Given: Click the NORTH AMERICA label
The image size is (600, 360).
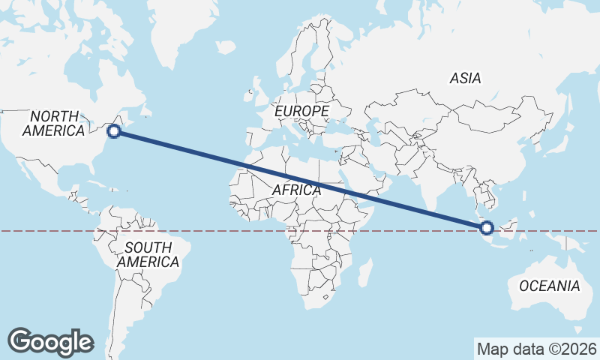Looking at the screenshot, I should pos(54,124).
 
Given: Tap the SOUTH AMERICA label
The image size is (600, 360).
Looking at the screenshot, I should pos(148,255).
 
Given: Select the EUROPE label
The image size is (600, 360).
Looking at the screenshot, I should pos(301,111).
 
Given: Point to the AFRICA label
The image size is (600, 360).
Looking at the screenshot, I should pos(296,190).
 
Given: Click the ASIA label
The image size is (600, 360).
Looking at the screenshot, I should pos(465,78).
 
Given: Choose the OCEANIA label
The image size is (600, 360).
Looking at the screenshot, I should pos(549,286).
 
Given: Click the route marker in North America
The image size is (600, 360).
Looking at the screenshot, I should pos(114,131).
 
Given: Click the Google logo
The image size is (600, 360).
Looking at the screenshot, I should pos(50,341).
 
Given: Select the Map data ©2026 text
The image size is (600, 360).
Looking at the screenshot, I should pos(537,349).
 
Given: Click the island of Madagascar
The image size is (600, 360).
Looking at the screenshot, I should pos(365,271).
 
